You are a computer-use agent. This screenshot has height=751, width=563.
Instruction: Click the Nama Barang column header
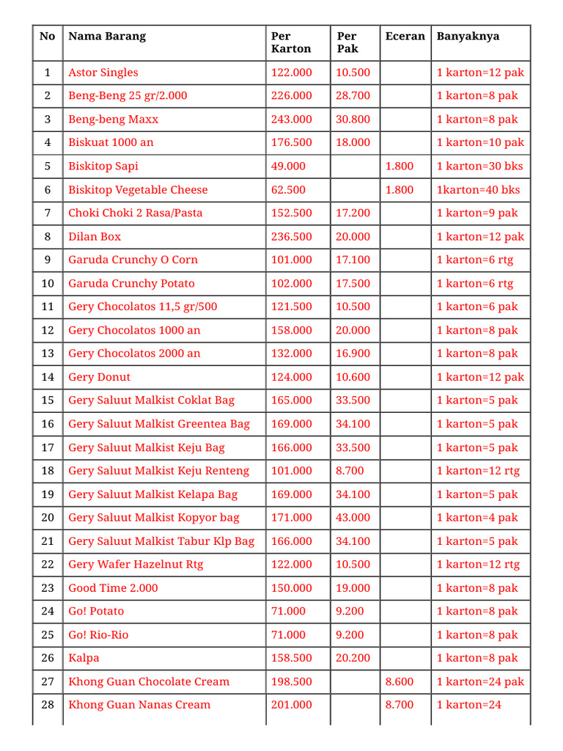tap(107, 36)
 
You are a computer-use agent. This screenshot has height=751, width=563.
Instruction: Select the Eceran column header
tap(405, 36)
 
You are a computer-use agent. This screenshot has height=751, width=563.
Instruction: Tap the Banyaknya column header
tap(468, 36)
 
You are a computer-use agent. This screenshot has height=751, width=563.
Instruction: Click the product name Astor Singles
tap(103, 73)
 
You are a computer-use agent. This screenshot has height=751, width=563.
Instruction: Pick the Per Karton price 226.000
tap(291, 96)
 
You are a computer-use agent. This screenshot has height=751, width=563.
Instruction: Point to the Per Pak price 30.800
tap(353, 120)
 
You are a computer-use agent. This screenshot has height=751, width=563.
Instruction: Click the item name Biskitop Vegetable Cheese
tap(138, 190)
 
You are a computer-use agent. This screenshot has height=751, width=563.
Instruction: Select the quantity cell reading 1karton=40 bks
tap(478, 190)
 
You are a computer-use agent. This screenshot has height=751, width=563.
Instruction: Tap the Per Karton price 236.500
tap(291, 237)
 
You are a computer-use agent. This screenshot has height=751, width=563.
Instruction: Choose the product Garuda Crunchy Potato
tap(132, 284)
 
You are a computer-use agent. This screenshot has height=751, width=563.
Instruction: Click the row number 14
tap(48, 377)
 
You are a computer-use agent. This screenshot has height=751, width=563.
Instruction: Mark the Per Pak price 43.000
tap(353, 518)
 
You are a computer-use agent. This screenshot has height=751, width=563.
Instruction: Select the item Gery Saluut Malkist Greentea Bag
tap(159, 424)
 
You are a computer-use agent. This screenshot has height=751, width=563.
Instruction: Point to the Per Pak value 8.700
tap(350, 471)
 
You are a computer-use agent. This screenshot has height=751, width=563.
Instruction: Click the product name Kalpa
tap(84, 658)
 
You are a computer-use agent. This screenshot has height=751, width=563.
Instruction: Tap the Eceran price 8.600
tap(400, 681)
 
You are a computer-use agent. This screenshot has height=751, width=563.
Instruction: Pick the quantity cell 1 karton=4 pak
tap(477, 518)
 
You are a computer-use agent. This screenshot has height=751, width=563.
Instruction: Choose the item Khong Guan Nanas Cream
tap(139, 705)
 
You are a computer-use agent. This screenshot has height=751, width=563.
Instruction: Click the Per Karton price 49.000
tap(288, 166)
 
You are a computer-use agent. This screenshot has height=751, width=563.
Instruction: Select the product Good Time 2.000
tap(113, 588)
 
